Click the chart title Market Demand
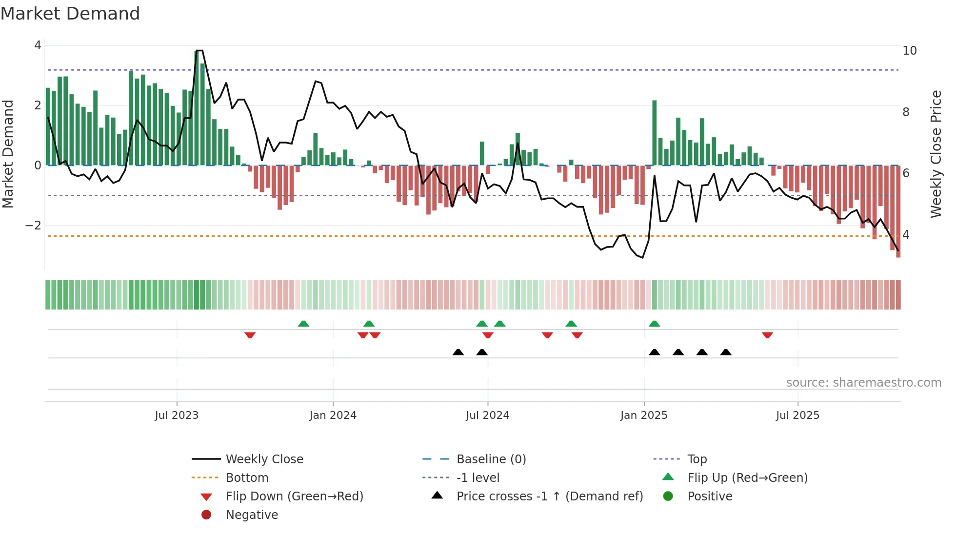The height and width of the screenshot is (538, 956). [x=70, y=14]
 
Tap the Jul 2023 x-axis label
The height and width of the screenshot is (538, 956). [x=177, y=415]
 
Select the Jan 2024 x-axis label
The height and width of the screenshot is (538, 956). [x=333, y=415]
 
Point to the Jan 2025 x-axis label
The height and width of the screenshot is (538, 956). [x=644, y=415]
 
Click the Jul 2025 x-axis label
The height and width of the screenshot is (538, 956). [x=797, y=415]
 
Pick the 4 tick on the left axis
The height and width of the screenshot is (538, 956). [x=38, y=45]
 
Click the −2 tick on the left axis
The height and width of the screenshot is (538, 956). [x=33, y=226]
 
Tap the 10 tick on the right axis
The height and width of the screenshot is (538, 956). [x=909, y=51]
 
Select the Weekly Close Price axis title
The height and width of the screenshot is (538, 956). [x=936, y=154]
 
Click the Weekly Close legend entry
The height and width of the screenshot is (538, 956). [x=264, y=459]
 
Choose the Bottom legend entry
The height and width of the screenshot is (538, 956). [x=247, y=478]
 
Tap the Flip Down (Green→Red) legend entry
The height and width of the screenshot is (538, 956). [x=294, y=497]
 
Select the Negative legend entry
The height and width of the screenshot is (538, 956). [x=252, y=515]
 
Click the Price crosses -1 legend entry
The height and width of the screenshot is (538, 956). [x=549, y=497]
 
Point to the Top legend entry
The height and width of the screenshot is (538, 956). [x=697, y=459]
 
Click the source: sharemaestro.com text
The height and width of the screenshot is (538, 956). [x=863, y=383]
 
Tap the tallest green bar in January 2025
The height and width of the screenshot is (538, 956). [x=654, y=132]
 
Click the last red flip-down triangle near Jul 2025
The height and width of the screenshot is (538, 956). [x=767, y=335]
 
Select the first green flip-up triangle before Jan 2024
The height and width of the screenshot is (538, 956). [x=303, y=324]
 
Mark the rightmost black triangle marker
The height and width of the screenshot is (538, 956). [x=726, y=352]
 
